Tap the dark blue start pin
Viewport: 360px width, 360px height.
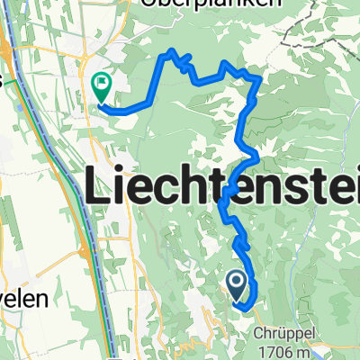coord(237,286)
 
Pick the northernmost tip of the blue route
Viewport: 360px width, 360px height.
coord(166,55)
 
